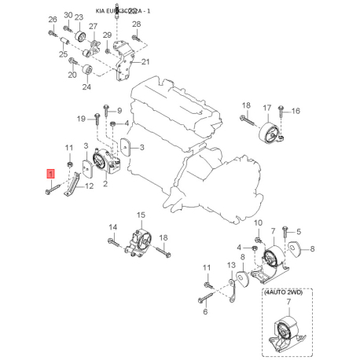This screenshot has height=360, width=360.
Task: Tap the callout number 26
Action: point(52,19)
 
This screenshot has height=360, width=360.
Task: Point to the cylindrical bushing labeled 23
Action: point(79,38)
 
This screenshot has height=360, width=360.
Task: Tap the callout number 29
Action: point(108,35)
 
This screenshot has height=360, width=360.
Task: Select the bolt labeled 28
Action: point(135,37)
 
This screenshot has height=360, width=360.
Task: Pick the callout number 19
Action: point(81,119)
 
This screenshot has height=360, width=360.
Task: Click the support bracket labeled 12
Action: point(72,187)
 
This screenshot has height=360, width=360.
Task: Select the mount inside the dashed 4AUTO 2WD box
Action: point(285,333)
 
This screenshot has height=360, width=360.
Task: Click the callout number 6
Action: point(204,312)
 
